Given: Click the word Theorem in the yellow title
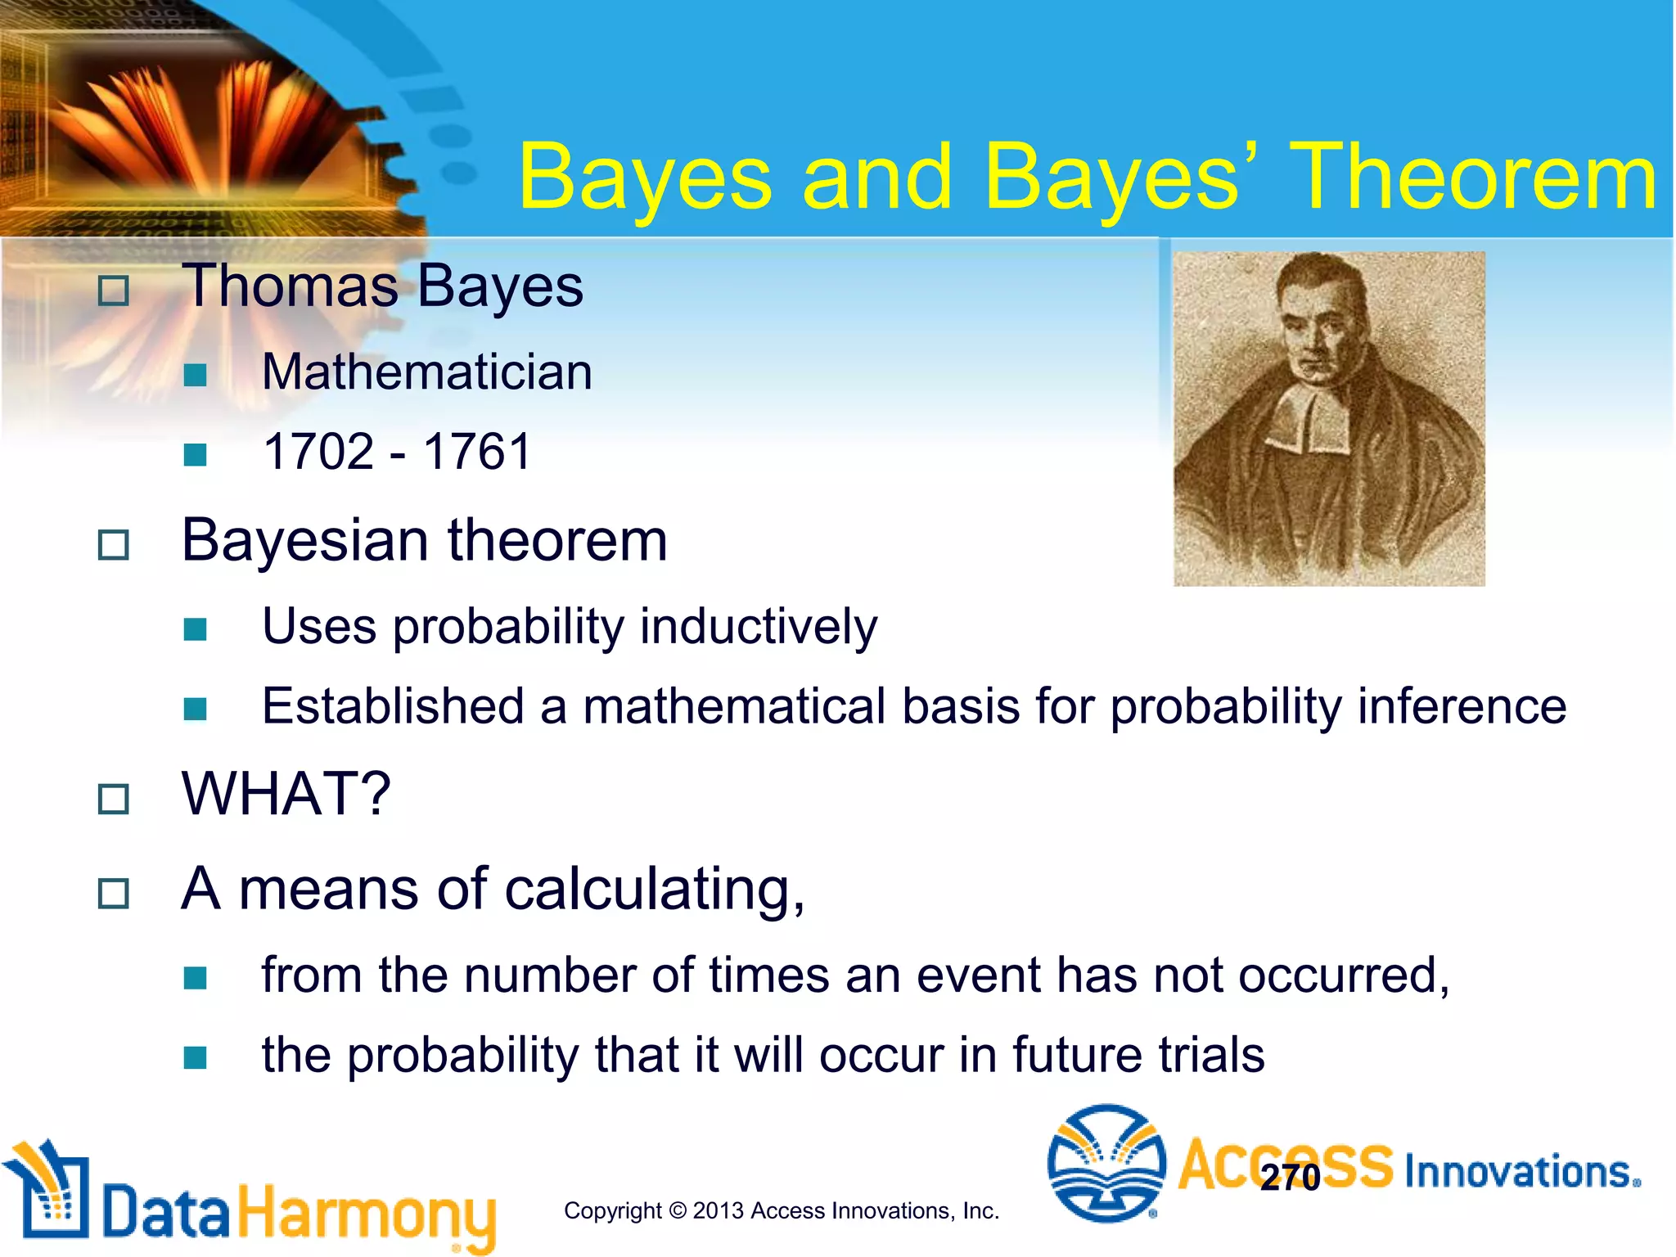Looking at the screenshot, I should coord(1473,177).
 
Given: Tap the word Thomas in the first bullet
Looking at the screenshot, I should coord(290,286).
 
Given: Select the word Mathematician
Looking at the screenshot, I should coord(426,372).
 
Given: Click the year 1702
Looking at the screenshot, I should coord(318,451).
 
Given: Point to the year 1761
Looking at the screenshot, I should coord(477,451).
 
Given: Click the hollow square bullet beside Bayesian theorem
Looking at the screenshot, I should coord(113,544).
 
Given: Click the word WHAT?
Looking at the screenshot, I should coord(286,794).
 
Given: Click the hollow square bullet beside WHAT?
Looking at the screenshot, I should coord(113,799).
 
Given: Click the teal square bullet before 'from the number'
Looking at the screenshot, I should coord(195,977).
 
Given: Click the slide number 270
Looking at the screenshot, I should coord(1290,1178).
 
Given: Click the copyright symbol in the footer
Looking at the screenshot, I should coord(678,1210).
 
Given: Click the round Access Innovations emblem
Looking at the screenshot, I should coord(1106,1163).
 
